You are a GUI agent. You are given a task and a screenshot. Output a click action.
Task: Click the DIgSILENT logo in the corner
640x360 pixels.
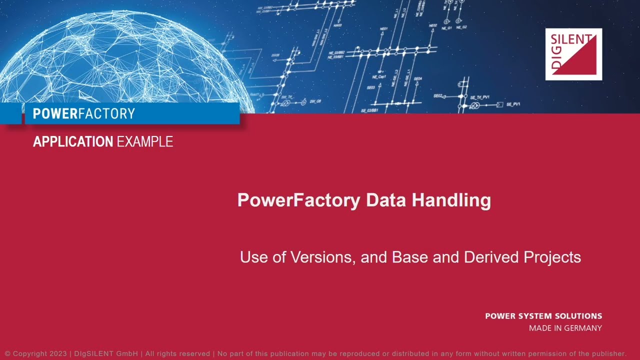tap(573, 54)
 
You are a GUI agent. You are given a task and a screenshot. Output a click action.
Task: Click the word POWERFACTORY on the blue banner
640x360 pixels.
tap(83, 114)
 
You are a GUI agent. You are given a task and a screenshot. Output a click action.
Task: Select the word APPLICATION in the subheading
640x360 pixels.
tap(73, 142)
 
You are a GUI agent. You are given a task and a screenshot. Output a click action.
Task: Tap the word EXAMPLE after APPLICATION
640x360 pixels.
tap(144, 142)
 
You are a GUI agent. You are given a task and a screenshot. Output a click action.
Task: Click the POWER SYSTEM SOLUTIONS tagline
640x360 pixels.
tap(543, 316)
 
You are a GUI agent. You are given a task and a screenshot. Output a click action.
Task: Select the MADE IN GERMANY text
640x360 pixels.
tap(565, 328)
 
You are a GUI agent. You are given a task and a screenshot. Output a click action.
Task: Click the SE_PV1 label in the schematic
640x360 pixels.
tap(513, 104)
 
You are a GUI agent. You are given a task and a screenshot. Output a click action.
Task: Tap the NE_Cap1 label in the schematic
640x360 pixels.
tap(379, 77)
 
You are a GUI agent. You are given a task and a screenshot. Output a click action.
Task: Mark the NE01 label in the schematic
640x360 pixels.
tap(383, 29)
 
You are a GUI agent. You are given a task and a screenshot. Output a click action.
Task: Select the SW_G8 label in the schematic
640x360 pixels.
tap(315, 101)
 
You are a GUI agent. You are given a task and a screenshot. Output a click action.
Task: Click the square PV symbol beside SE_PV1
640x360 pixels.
tap(499, 105)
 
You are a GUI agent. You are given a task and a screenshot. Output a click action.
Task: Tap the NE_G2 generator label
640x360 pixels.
tap(461, 27)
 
